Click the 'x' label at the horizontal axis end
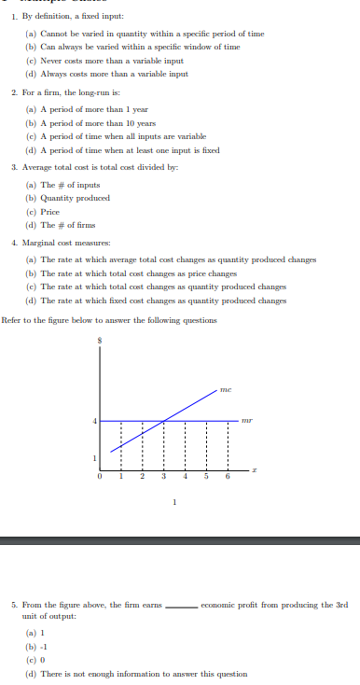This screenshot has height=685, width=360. point(254,472)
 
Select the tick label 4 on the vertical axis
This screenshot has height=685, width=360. point(94,421)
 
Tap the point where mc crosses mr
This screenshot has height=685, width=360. point(163,421)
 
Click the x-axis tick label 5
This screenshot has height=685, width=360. point(205,478)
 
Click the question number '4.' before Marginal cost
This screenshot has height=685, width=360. point(15,243)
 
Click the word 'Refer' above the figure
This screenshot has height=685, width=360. point(12,320)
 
